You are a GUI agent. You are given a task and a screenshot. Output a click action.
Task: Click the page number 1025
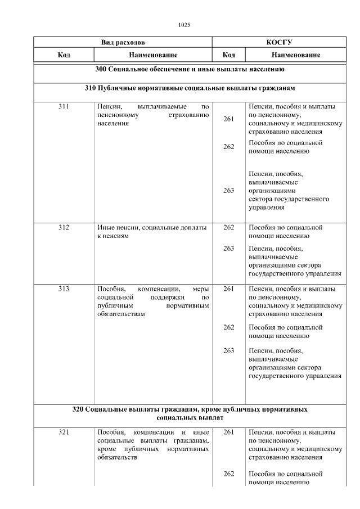pyautogui.click(x=184, y=25)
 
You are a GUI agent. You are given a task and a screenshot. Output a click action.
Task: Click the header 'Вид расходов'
pyautogui.click(x=123, y=42)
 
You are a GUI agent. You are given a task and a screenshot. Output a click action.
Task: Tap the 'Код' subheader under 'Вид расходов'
pyautogui.click(x=64, y=55)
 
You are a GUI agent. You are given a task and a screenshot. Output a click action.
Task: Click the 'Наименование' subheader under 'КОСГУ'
pyautogui.click(x=296, y=55)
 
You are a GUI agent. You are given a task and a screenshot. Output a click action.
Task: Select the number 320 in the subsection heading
pyautogui.click(x=79, y=409)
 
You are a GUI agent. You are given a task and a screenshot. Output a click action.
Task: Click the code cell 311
pyautogui.click(x=64, y=106)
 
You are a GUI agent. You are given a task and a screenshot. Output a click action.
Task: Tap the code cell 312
pyautogui.click(x=64, y=228)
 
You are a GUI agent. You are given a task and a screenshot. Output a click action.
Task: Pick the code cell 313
pyautogui.click(x=64, y=289)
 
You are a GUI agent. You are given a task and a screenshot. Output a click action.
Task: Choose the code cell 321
pyautogui.click(x=64, y=433)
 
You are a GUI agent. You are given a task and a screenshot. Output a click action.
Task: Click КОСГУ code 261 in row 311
pyautogui.click(x=228, y=119)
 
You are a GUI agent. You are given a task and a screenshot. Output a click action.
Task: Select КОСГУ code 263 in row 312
pyautogui.click(x=228, y=248)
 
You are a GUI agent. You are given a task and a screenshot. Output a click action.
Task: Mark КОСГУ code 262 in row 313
pyautogui.click(x=228, y=327)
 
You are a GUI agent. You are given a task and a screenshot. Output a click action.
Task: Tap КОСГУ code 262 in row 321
pyautogui.click(x=228, y=474)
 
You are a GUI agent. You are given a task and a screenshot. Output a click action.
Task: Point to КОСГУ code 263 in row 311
pyautogui.click(x=228, y=191)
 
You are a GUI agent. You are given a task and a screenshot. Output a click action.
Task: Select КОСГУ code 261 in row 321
pyautogui.click(x=228, y=433)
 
